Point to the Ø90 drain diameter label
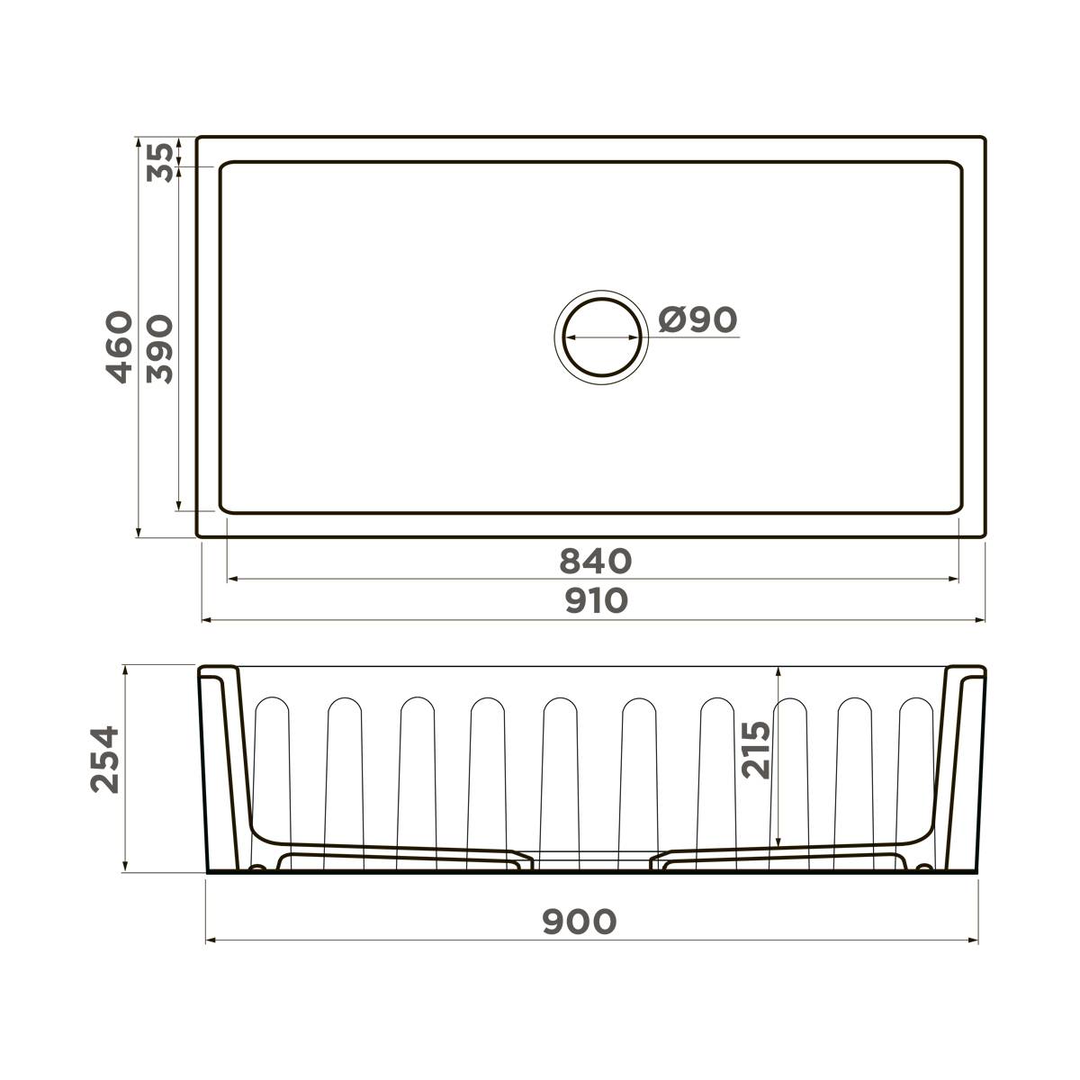click(x=697, y=319)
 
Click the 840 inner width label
click(x=595, y=561)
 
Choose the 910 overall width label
click(x=595, y=599)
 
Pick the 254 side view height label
click(x=105, y=758)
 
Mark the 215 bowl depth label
click(x=756, y=749)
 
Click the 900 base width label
click(x=580, y=921)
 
